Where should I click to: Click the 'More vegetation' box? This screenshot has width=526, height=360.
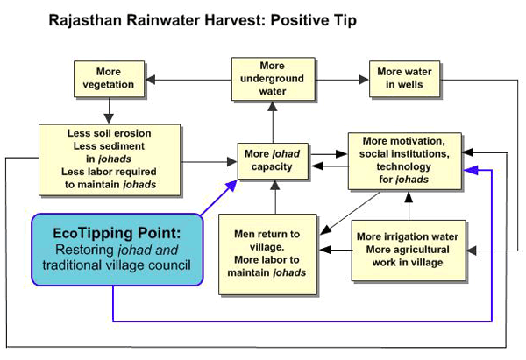[x=110, y=79]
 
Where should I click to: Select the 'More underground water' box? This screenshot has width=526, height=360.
[x=272, y=78]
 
